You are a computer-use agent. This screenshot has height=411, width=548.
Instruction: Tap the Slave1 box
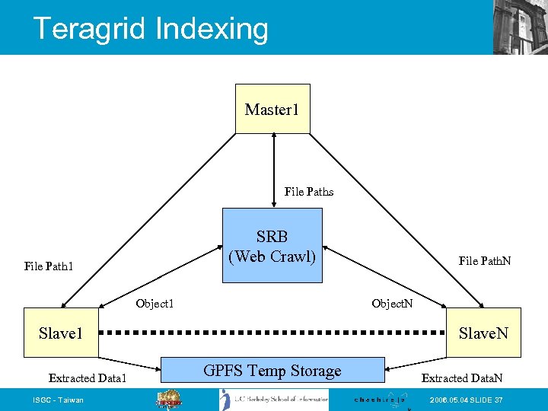point(61,333)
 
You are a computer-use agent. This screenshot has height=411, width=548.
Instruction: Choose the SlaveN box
point(483,333)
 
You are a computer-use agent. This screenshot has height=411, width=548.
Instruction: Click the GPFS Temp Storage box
point(272,371)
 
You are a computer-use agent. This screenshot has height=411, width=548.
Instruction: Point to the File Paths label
point(308,192)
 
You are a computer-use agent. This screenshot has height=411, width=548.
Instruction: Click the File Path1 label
point(49,266)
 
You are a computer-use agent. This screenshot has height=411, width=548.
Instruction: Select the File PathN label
point(485,261)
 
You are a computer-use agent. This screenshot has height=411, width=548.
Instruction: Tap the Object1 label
point(155,304)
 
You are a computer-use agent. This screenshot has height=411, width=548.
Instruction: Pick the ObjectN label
point(392,304)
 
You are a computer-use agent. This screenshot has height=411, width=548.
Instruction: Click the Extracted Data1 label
point(88,378)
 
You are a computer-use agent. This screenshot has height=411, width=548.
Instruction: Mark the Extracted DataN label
point(461,378)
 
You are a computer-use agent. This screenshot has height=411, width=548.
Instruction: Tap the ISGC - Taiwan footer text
point(59,400)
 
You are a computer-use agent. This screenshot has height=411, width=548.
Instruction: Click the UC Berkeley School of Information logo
point(274,400)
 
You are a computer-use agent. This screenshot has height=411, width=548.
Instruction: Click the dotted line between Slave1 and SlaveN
point(272,333)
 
